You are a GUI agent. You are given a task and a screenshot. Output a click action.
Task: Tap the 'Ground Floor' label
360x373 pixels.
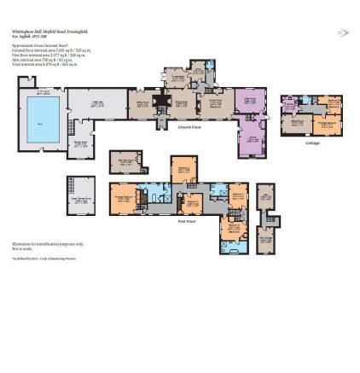189,126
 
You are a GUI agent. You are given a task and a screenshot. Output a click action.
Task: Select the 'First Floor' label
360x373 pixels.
187,221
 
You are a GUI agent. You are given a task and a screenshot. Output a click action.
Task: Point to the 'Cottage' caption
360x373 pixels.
312,143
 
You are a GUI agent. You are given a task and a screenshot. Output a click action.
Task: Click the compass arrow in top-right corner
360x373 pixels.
343,33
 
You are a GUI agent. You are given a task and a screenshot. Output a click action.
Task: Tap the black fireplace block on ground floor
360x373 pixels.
161,102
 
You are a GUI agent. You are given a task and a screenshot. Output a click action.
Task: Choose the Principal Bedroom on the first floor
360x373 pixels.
125,198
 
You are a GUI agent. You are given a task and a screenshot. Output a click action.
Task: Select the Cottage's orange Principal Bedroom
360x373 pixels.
327,125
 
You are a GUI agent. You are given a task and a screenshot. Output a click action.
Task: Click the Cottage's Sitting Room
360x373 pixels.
297,125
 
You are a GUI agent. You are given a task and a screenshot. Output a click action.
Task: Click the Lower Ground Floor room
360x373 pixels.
80,194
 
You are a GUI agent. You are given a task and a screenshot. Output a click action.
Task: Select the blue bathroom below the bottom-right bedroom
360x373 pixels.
233,248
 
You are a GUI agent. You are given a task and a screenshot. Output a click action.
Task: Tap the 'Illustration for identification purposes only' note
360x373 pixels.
48,244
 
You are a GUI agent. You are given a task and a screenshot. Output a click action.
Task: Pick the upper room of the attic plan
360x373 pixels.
266,196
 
